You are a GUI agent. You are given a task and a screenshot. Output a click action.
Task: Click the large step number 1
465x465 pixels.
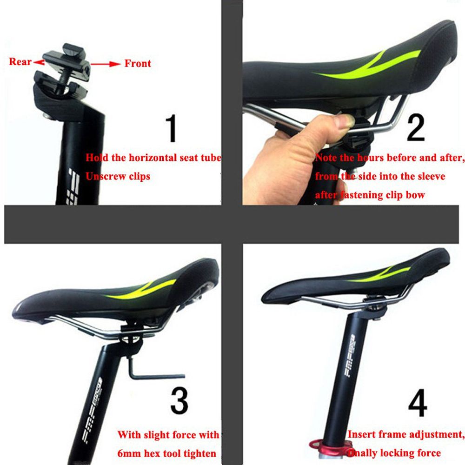tap(172, 129)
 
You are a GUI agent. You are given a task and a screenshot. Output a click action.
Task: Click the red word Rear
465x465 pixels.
tap(20, 62)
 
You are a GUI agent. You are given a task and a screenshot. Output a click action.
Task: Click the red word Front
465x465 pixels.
tap(138, 63)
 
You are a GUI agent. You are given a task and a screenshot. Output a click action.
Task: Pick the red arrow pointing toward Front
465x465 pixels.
tap(105, 64)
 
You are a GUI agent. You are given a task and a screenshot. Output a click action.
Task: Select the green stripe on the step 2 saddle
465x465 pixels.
tap(367, 67)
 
